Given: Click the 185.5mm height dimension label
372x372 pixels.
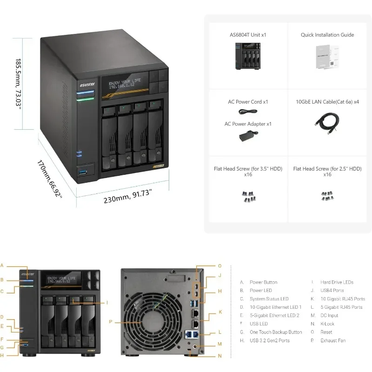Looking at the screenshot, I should click(x=19, y=83).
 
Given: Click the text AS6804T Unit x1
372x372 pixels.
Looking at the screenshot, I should click(x=248, y=35).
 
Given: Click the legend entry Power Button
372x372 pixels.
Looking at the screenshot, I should click(x=263, y=282).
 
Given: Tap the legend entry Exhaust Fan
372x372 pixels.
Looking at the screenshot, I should click(x=332, y=341).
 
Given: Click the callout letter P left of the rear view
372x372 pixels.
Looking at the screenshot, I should click(x=111, y=321).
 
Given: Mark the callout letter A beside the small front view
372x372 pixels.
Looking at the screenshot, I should click(x=2, y=266).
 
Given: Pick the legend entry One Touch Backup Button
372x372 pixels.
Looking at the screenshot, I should click(x=276, y=332).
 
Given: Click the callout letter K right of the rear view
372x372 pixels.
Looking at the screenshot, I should click(x=220, y=312).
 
